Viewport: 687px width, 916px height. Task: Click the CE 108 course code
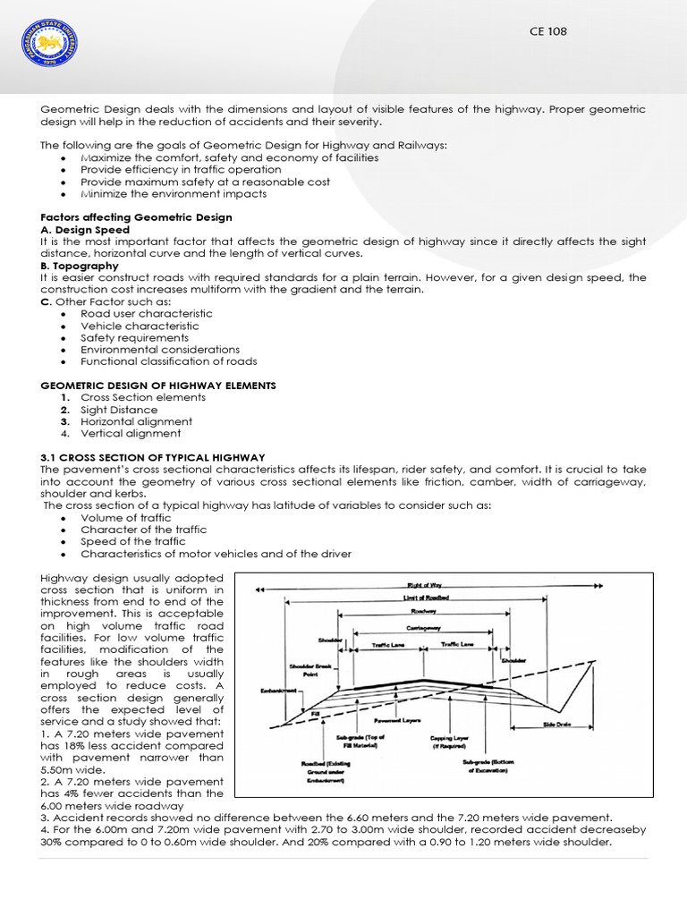548,31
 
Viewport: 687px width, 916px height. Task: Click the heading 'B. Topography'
80,266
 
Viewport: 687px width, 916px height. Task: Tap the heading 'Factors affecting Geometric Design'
137,217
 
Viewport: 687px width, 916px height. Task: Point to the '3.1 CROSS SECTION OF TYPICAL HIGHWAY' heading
153,457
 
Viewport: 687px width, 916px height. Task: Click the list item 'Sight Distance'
119,410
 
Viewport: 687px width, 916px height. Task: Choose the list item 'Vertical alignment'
130,434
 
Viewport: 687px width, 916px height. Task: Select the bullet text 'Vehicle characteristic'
140,327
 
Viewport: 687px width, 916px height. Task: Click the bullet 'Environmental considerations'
160,350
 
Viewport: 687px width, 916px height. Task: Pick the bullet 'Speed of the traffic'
133,542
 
